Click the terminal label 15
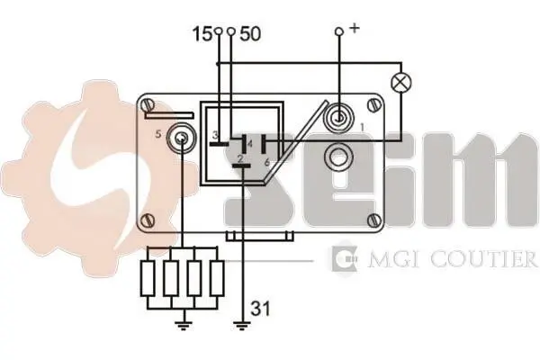[x=202, y=34]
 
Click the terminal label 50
[x=250, y=34]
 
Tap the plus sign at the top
[x=354, y=28]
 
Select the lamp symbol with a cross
[x=401, y=83]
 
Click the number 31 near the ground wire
[x=260, y=308]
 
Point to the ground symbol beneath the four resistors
[x=184, y=325]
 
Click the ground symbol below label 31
[x=242, y=325]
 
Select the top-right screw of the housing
[x=373, y=105]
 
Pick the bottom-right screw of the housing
[x=373, y=220]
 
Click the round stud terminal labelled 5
[x=181, y=139]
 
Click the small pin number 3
[x=214, y=134]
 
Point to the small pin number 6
[x=267, y=162]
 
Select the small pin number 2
[x=240, y=158]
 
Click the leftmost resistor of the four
[x=148, y=278]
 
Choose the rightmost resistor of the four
[x=217, y=278]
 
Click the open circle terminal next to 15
[x=218, y=31]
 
